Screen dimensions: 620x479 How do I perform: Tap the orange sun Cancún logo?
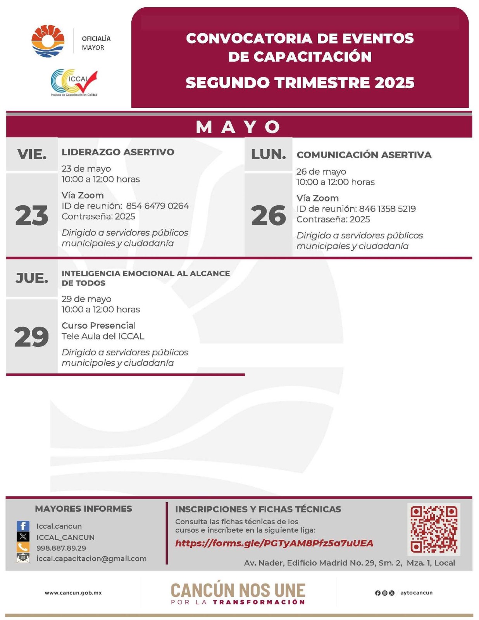(48, 41)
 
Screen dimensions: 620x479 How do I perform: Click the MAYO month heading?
(239, 127)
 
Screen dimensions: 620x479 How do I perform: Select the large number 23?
(32, 215)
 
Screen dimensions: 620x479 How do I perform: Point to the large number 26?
(268, 215)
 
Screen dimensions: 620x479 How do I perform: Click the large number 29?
(32, 337)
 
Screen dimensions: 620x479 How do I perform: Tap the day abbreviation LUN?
(268, 155)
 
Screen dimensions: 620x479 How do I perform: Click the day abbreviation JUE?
(32, 278)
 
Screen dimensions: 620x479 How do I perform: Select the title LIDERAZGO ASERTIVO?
(118, 152)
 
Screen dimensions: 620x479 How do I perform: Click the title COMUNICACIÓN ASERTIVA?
(364, 155)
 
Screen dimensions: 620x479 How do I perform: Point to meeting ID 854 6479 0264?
(157, 206)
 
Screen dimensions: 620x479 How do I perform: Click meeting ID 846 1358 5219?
(387, 209)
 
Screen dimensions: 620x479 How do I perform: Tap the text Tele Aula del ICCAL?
(103, 336)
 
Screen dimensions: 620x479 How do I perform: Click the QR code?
(434, 529)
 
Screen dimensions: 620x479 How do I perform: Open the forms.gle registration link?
(274, 543)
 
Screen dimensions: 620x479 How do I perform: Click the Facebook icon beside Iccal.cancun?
(23, 526)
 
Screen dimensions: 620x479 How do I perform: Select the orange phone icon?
(23, 547)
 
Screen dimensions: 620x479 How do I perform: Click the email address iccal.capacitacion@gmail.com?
(91, 558)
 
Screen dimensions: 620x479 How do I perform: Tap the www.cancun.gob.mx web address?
(73, 592)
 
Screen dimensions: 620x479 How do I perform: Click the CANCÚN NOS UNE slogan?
(238, 591)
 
